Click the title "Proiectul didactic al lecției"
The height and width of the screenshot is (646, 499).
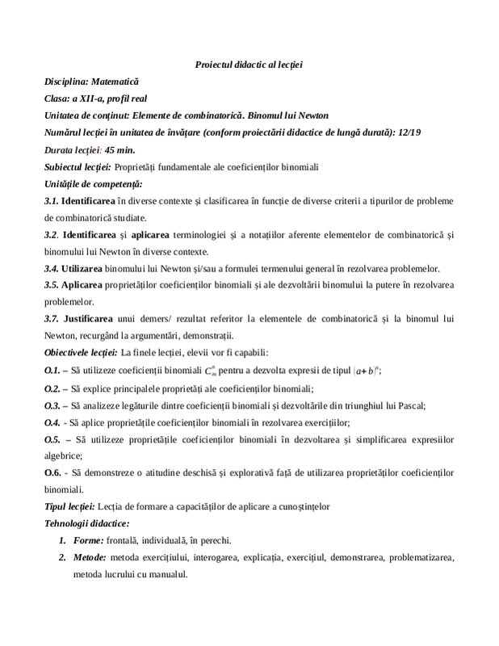(x=249, y=64)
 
